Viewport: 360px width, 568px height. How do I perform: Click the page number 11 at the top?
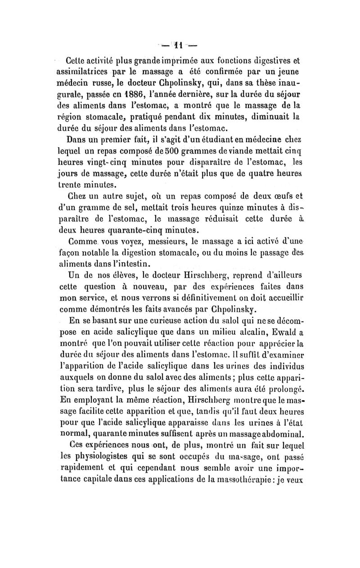coord(179,46)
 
